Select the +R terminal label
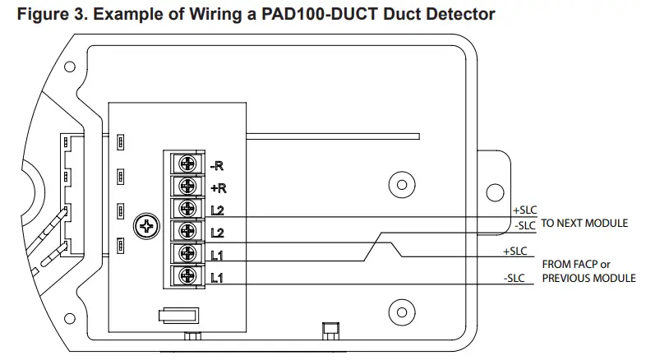coord(217,187)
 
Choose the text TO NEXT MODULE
coord(584,224)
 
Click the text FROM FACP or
coord(575,265)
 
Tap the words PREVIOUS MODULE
coord(588,278)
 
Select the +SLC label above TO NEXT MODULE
coord(524,210)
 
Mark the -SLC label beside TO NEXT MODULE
coord(524,225)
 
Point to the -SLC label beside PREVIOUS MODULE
coord(515,279)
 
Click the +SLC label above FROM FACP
coord(515,251)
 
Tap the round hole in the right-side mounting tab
coord(495,192)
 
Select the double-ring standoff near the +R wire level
coord(400,184)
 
